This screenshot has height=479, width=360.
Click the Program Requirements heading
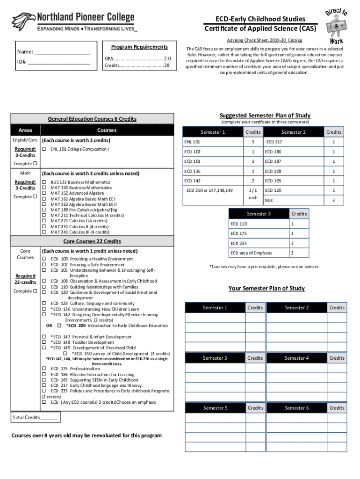tap(139, 47)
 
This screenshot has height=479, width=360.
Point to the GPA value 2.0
tap(167, 59)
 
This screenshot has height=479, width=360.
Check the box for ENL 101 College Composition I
tap(43, 149)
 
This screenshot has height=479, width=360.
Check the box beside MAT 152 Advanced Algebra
tap(43, 193)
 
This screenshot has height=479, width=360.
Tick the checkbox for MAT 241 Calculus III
tap(43, 232)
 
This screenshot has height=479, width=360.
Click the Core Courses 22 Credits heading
tap(92, 241)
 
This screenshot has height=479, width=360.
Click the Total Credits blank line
tap(49, 418)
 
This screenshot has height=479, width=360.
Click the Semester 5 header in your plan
tap(215, 408)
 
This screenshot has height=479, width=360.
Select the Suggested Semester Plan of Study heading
tap(265, 116)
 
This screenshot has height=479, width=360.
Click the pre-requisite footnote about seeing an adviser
tap(265, 267)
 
